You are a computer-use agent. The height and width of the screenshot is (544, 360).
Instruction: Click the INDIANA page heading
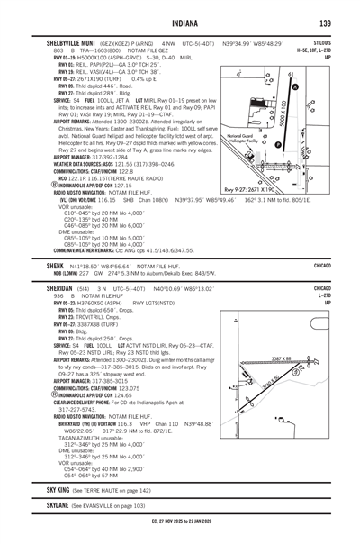[x=180, y=23]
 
